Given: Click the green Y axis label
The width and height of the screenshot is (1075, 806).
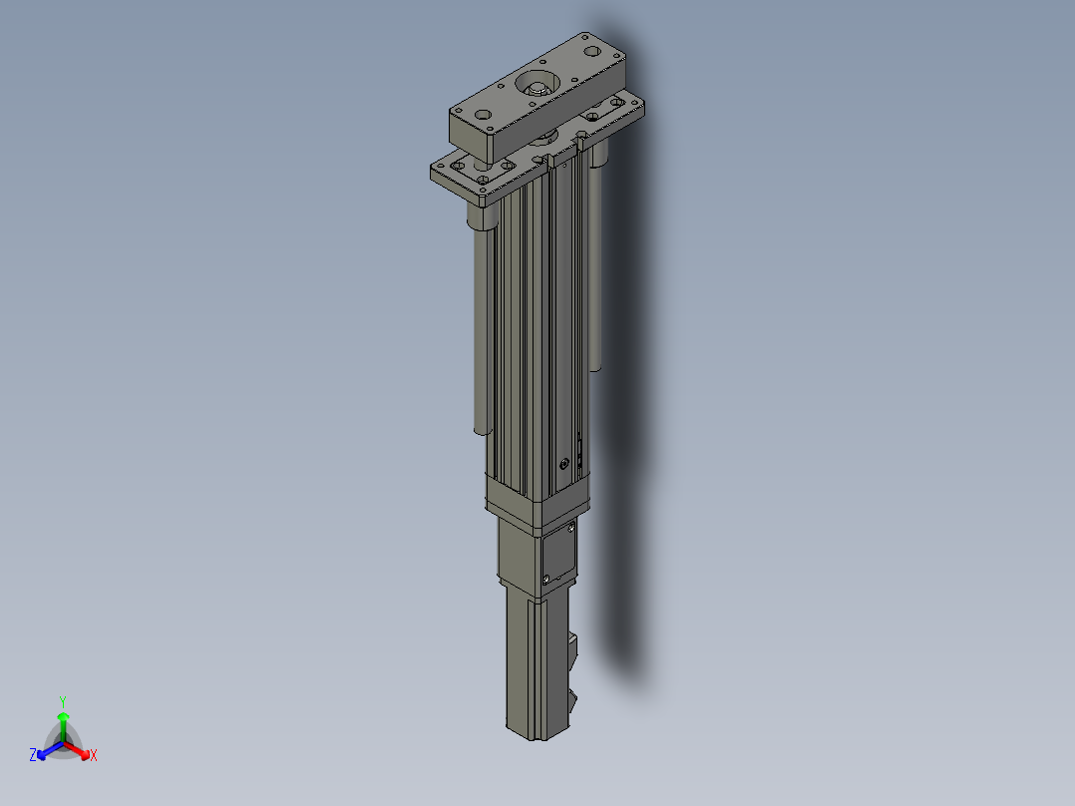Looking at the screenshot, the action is click(63, 701).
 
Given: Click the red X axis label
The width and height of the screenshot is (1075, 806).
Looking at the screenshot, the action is click(94, 755).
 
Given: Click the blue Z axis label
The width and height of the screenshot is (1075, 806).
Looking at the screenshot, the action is click(32, 755).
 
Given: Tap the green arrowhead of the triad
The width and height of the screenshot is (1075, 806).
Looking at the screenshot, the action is click(63, 717).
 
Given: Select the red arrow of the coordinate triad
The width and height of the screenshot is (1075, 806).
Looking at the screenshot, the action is click(77, 750).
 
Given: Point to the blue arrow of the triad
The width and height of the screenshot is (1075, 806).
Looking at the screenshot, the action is click(50, 750).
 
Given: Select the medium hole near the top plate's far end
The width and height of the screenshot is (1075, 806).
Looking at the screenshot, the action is click(591, 52).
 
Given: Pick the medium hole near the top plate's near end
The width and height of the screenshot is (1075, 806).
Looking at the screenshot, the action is click(483, 115).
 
